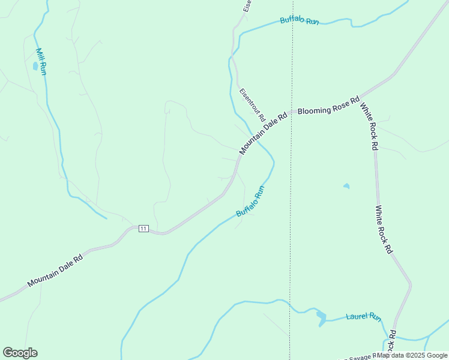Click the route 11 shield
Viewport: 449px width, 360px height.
tap(143, 229)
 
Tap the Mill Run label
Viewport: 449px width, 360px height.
tap(41, 62)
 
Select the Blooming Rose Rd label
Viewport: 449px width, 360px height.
tap(328, 105)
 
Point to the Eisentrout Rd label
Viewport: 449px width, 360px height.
tap(252, 106)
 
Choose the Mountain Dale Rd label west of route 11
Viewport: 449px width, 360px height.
tap(55, 272)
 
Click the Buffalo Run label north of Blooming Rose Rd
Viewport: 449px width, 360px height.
tap(300, 20)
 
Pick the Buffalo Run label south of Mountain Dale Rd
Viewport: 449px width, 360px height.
tap(250, 202)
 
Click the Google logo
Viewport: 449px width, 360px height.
tap(20, 353)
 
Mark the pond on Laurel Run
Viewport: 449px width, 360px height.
tap(321, 317)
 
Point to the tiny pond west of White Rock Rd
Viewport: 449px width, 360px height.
tap(346, 186)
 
